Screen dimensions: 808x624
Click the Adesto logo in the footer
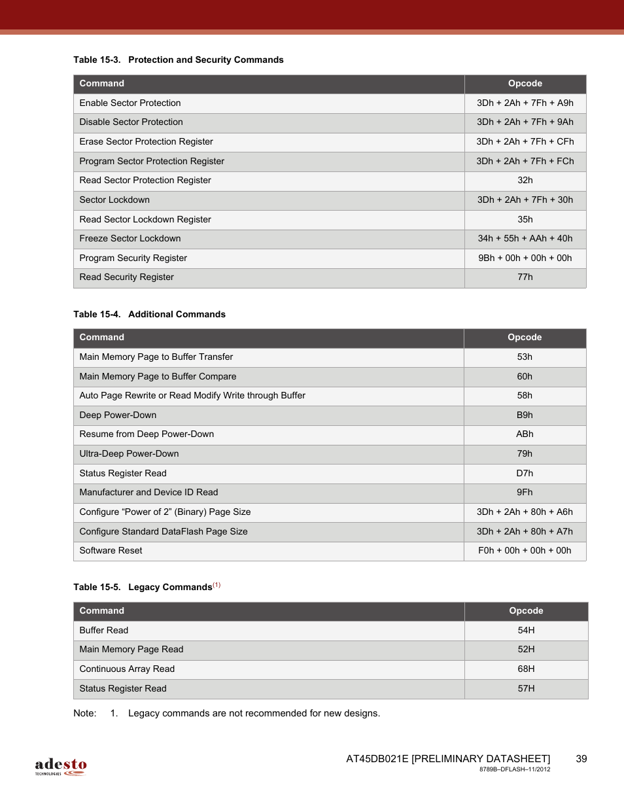[x=61, y=766]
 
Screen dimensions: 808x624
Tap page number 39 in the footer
[x=581, y=759]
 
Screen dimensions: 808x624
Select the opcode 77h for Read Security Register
[x=525, y=277]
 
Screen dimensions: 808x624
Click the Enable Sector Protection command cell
[x=130, y=103]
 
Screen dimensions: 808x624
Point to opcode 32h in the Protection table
[x=525, y=181]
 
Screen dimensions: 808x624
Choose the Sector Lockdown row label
[x=114, y=200]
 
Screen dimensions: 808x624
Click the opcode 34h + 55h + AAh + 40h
[x=525, y=239]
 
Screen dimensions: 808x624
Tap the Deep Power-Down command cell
[x=118, y=415]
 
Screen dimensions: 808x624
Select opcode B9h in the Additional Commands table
[x=525, y=415]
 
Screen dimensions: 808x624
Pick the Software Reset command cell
[x=111, y=551]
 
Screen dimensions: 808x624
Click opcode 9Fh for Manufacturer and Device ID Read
[x=525, y=493]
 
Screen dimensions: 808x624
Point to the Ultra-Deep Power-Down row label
[x=129, y=454]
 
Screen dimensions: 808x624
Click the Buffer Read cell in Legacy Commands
[x=104, y=631]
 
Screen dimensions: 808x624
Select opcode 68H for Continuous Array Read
[x=526, y=669]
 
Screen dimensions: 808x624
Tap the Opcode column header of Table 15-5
[x=526, y=611]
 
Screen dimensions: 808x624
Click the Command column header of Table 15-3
[x=102, y=84]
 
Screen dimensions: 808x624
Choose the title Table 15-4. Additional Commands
[x=149, y=315]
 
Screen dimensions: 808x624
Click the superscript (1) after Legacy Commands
[x=217, y=585]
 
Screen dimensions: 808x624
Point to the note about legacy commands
[x=254, y=714]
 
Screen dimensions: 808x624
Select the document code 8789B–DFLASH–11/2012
[x=514, y=769]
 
